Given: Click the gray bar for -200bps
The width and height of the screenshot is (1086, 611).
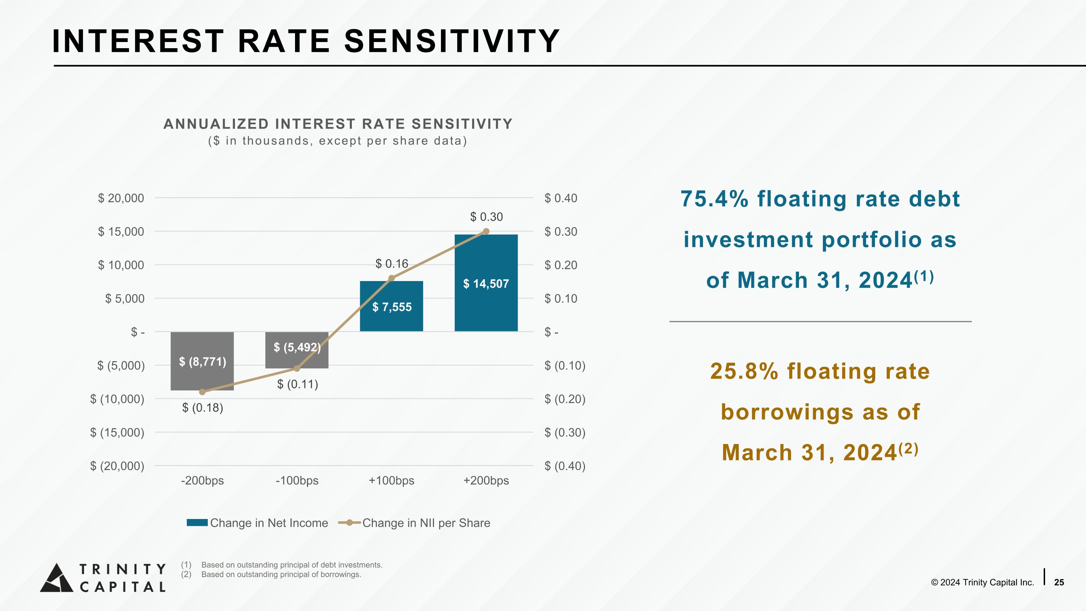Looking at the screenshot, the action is click(202, 361).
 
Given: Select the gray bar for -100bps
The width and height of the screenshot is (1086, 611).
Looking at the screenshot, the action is click(297, 350).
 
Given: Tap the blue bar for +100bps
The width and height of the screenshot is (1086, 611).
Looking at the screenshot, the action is click(391, 306).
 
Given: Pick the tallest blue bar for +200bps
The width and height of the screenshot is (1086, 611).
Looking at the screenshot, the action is click(486, 283).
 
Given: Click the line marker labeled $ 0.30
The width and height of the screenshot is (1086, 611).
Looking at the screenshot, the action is click(486, 231).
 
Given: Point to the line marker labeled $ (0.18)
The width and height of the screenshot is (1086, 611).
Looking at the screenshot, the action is click(202, 392).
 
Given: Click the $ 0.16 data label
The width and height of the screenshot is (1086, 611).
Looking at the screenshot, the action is click(392, 264).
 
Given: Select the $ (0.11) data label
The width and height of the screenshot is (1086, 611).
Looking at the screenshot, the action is click(298, 384).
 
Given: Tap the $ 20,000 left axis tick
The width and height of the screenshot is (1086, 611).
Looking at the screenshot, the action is click(121, 198).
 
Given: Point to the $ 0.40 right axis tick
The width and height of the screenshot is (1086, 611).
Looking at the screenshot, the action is click(561, 198).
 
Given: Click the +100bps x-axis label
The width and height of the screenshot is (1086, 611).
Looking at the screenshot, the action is click(391, 481).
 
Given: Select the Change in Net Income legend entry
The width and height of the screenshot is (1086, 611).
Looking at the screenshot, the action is click(257, 523).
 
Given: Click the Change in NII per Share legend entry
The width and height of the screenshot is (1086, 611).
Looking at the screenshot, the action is click(414, 523).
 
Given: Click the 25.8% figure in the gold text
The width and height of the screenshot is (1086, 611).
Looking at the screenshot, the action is click(744, 371).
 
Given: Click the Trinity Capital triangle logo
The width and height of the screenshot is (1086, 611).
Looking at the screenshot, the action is click(57, 578).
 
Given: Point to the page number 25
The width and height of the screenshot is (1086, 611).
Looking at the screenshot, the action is click(1059, 582).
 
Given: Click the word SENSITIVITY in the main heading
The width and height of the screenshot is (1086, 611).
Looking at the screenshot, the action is click(452, 41).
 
